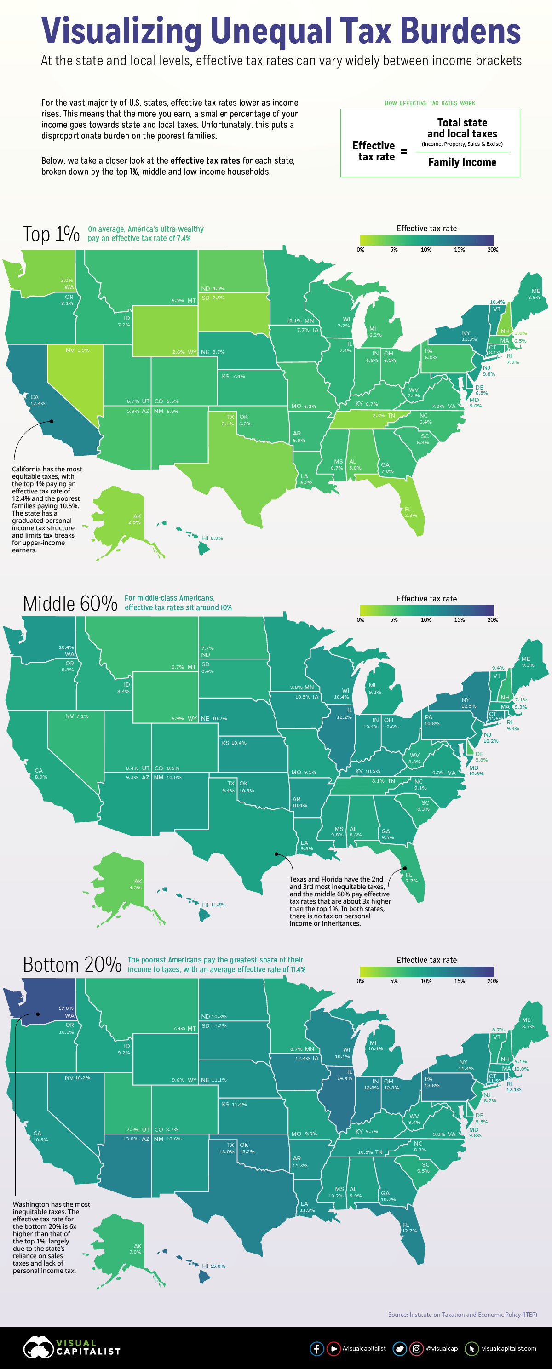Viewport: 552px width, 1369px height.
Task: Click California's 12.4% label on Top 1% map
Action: click(38, 403)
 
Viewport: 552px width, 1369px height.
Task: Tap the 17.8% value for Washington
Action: click(66, 1008)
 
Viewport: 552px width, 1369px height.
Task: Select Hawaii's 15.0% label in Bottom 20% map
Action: click(217, 1266)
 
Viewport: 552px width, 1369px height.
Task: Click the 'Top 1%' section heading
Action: click(51, 234)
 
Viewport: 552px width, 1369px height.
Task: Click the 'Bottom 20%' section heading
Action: click(72, 965)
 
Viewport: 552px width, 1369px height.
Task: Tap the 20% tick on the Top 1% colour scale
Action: click(493, 249)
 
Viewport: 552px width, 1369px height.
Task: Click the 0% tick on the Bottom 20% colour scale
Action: click(361, 981)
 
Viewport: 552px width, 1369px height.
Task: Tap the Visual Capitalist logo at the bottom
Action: click(72, 1347)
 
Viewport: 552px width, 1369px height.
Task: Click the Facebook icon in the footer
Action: click(316, 1348)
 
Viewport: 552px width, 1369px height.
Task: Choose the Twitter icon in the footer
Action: click(399, 1348)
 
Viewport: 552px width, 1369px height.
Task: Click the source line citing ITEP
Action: click(462, 1314)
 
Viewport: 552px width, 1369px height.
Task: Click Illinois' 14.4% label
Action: click(344, 1078)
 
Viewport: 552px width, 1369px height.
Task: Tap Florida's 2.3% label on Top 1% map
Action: click(410, 515)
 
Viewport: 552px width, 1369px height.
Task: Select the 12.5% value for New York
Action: click(468, 706)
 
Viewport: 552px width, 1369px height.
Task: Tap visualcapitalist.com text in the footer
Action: click(508, 1348)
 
